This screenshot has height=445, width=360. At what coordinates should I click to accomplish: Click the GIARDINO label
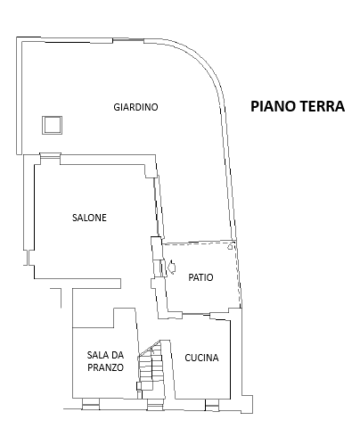tap(135, 107)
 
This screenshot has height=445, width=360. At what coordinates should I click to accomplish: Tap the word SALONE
tap(89, 218)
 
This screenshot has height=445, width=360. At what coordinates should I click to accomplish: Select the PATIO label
tap(200, 277)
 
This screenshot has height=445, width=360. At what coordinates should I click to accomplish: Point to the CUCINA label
tap(201, 358)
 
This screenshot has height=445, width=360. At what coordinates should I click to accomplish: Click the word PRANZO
tap(105, 367)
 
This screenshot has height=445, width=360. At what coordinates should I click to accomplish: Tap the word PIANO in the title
tap(272, 106)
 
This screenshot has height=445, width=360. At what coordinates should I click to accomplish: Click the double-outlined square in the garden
tap(52, 125)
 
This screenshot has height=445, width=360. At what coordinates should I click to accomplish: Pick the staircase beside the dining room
tap(151, 369)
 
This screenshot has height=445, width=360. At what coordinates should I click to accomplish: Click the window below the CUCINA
tap(212, 405)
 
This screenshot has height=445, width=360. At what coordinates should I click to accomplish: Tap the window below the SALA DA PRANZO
tap(91, 404)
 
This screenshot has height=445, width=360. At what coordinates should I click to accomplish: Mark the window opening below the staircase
tap(155, 405)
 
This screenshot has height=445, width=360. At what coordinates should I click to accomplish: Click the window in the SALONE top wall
tap(50, 159)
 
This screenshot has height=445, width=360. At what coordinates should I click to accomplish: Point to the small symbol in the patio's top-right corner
tap(230, 247)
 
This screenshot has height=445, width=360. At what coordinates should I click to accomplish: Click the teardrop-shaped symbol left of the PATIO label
tap(172, 267)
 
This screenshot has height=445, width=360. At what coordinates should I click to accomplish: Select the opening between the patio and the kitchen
tap(196, 314)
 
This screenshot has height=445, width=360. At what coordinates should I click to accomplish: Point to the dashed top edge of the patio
tap(199, 243)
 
